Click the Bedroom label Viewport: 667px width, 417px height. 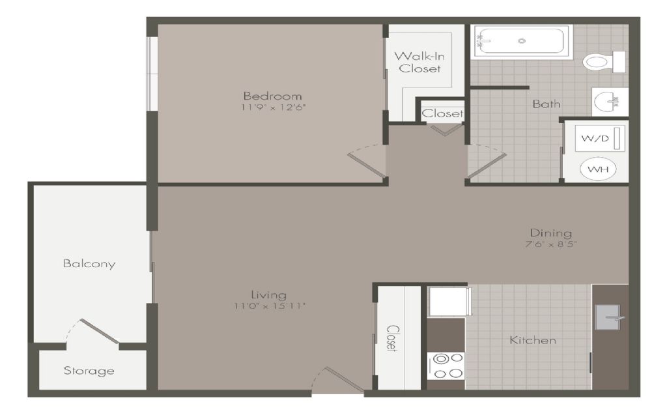click(272, 96)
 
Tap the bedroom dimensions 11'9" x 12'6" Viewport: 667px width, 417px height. click(273, 107)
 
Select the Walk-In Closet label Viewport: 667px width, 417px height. click(419, 62)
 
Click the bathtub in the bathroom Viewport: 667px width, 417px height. click(522, 41)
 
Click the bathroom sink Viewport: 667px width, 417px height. click(609, 102)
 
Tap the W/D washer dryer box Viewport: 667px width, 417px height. click(600, 138)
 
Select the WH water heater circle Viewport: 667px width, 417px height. click(598, 169)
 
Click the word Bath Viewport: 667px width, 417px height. click(546, 104)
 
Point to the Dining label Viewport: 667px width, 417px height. click(551, 233)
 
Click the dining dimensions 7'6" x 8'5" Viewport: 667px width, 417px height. click(551, 244)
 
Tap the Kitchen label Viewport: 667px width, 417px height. click(533, 340)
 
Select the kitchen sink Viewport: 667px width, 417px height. click(609, 317)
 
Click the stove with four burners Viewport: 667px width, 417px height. click(446, 366)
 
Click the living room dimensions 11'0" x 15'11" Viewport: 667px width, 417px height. click(270, 306)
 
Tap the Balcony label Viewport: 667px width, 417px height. click(89, 264)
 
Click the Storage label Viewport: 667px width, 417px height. click(89, 371)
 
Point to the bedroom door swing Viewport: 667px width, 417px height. click(367, 161)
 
